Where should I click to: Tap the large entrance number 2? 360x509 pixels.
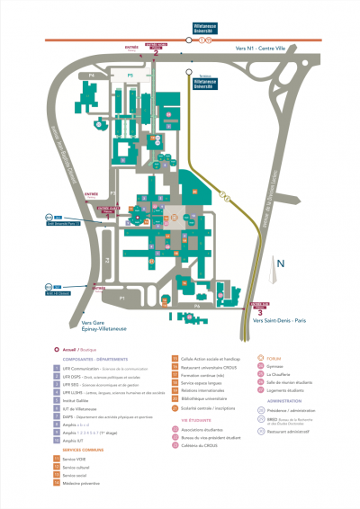(x=157, y=53)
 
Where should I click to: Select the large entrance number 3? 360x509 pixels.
(x=260, y=313)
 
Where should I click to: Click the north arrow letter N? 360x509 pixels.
(x=280, y=263)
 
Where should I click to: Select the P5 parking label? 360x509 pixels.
(x=130, y=75)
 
